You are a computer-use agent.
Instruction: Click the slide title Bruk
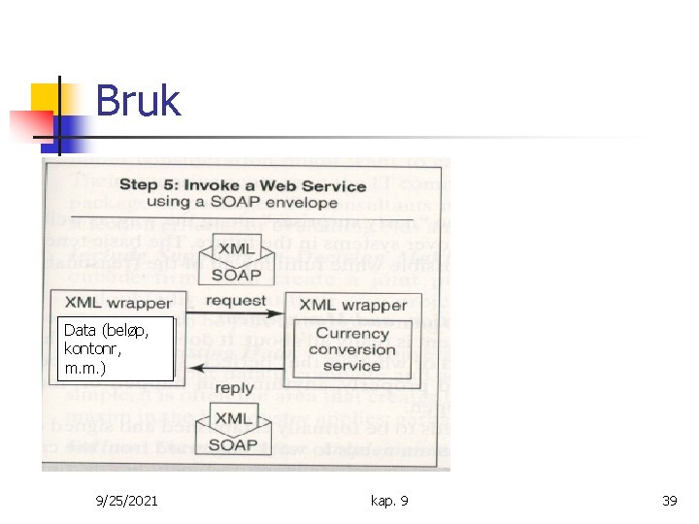[x=138, y=101]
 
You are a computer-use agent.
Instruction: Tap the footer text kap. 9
[x=389, y=501]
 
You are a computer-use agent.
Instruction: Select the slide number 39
[x=669, y=501]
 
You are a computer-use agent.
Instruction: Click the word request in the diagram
[x=235, y=300]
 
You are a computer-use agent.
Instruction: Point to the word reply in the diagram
[x=235, y=388]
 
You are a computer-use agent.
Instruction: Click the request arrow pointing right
[x=235, y=313]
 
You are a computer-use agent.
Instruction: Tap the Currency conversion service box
[x=350, y=349]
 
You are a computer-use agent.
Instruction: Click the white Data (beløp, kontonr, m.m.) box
[x=116, y=346]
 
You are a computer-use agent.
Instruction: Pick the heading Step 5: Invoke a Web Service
[x=243, y=185]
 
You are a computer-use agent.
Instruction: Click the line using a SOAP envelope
[x=243, y=204]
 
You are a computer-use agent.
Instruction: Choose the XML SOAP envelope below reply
[x=233, y=431]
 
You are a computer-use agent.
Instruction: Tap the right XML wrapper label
[x=352, y=305]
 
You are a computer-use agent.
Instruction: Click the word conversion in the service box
[x=350, y=349]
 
